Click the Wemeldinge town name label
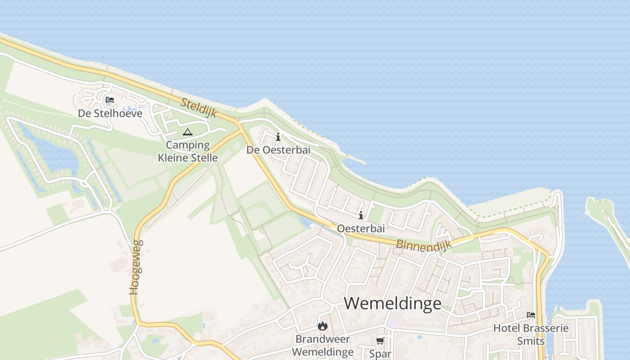(392, 303)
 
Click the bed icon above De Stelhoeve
(110, 100)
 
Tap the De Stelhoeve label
(110, 113)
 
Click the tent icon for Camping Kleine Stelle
(188, 132)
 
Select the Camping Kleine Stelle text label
(188, 151)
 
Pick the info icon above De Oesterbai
(278, 137)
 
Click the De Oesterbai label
(278, 150)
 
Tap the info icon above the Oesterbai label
(361, 216)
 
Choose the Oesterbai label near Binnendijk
(361, 229)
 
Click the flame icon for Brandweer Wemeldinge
(323, 326)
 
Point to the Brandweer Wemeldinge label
(323, 345)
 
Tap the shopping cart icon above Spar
(380, 341)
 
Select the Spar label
(380, 354)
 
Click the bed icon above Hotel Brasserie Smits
(531, 315)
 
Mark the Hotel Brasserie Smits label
(531, 334)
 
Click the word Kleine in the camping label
(175, 158)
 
